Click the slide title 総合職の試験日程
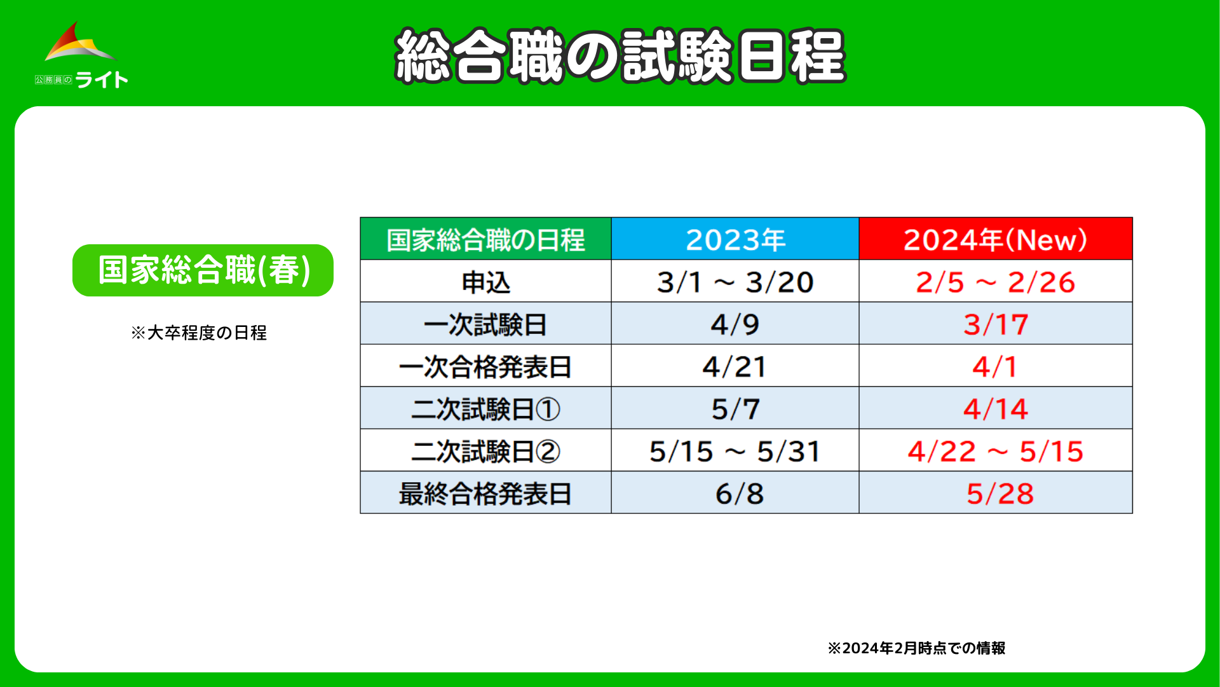620,56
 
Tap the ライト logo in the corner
81,55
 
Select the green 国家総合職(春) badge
203,270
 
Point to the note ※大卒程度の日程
199,333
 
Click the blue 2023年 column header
735,239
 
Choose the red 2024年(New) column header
996,239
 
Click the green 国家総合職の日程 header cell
485,239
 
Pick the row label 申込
485,282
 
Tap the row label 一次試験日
485,324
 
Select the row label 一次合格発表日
485,367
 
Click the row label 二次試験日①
485,409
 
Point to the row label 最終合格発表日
485,494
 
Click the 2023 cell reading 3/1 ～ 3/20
735,282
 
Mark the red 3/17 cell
996,324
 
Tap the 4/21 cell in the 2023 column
735,367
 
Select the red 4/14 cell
996,409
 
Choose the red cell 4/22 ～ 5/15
996,452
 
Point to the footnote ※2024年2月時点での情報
916,648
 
